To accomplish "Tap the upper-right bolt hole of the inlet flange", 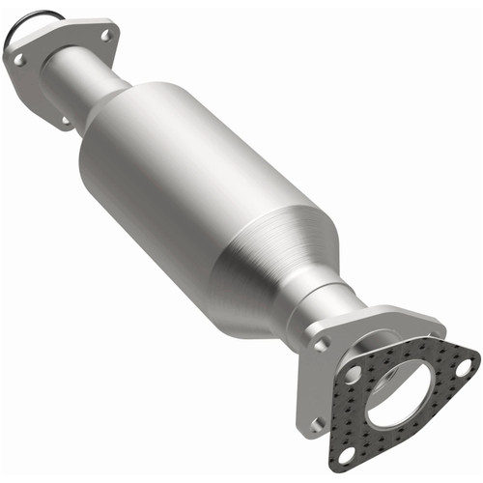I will (106, 35).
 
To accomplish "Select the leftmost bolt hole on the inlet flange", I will (18, 60).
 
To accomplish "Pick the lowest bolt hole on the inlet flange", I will (65, 121).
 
